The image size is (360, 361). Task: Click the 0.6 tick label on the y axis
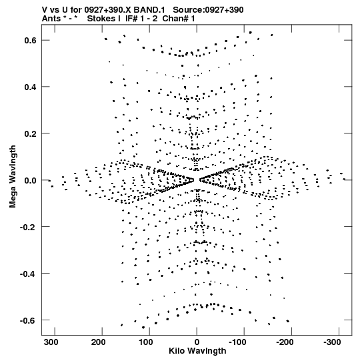click(31, 40)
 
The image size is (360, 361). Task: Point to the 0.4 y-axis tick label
click(31, 87)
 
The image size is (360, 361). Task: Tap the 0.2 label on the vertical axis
click(31, 133)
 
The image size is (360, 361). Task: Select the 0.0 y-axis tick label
click(31, 180)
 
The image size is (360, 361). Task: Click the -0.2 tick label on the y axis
click(28, 227)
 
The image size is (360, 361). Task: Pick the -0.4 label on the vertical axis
click(28, 274)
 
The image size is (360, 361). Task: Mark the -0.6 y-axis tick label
click(28, 320)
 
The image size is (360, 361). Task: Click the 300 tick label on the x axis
click(52, 342)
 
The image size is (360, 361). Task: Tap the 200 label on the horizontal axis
click(99, 342)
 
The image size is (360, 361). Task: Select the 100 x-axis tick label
click(147, 342)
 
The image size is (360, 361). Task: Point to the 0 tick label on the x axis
click(197, 342)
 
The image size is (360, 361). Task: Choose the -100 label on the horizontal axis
click(238, 342)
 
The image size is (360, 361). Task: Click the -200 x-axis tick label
click(285, 342)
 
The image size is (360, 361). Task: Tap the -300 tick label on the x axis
click(332, 342)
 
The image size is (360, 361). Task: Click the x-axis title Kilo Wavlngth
click(197, 351)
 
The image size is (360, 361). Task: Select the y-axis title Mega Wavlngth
click(13, 177)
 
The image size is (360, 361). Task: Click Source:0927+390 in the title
click(208, 10)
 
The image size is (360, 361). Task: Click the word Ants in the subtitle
click(51, 19)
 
